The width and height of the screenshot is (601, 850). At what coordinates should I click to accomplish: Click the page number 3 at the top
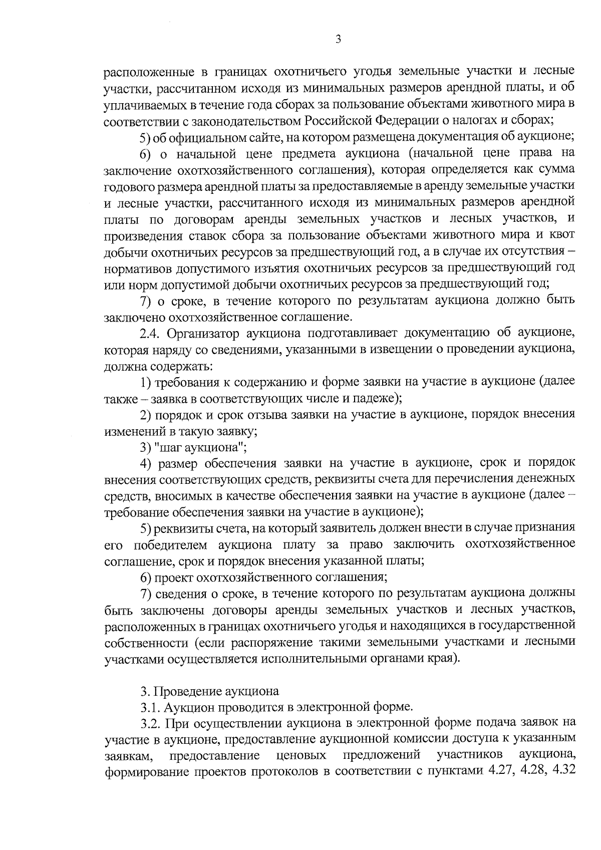pyautogui.click(x=338, y=40)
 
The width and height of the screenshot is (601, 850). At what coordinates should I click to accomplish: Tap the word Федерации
pyautogui.click(x=404, y=121)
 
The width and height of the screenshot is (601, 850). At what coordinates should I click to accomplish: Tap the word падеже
pyautogui.click(x=378, y=398)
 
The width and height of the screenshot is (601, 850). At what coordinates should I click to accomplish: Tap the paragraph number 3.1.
pyautogui.click(x=150, y=707)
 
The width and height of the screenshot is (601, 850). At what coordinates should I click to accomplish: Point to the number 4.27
pyautogui.click(x=501, y=772)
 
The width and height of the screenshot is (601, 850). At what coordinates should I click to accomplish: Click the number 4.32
pyautogui.click(x=562, y=772)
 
